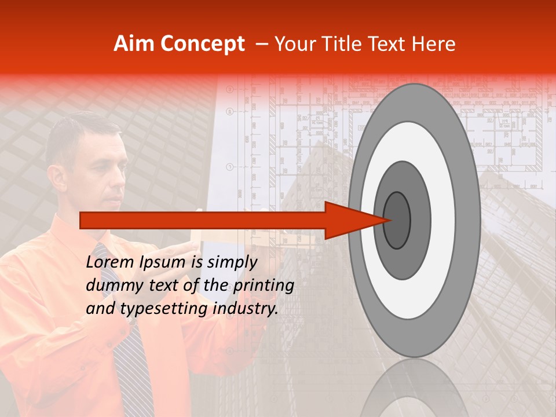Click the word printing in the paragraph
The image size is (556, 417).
pos(263,286)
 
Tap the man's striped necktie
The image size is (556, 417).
pos(130,359)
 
